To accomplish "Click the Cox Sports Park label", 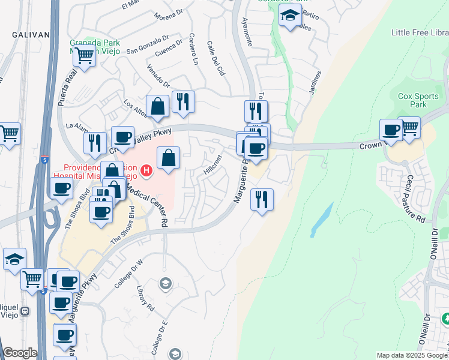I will (x=419, y=100).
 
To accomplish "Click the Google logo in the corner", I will (x=19, y=353).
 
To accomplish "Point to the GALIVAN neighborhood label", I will (x=29, y=35).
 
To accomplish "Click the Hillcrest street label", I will (x=212, y=163).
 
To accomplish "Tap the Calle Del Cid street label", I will (x=215, y=58).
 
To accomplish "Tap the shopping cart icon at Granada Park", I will (x=85, y=56).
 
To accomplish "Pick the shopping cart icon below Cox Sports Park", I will (x=409, y=127).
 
